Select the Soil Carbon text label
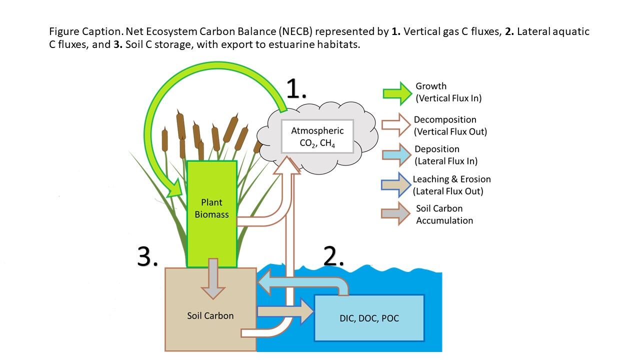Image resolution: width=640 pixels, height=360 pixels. point(210,315)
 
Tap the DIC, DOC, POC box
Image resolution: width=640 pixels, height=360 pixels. point(369,318)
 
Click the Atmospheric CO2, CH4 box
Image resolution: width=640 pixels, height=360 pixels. point(317,136)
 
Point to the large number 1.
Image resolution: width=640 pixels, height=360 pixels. point(296,89)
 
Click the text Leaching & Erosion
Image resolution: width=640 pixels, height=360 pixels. point(451,179)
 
